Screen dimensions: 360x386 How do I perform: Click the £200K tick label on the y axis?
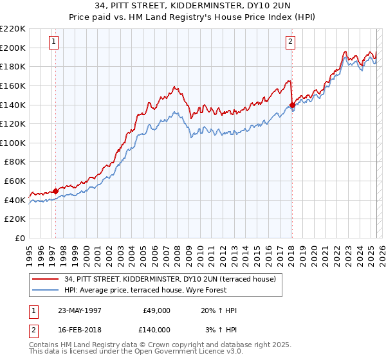coord(13,48)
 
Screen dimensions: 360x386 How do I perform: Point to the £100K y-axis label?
coord(13,143)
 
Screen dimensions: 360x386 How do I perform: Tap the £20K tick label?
coord(15,219)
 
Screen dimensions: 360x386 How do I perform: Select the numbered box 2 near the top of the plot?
coord(291,42)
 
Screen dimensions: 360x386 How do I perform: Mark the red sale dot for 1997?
coord(55,191)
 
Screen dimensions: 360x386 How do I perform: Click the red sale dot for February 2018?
coord(292,105)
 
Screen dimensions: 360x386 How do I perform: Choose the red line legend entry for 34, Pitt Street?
coord(170,279)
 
